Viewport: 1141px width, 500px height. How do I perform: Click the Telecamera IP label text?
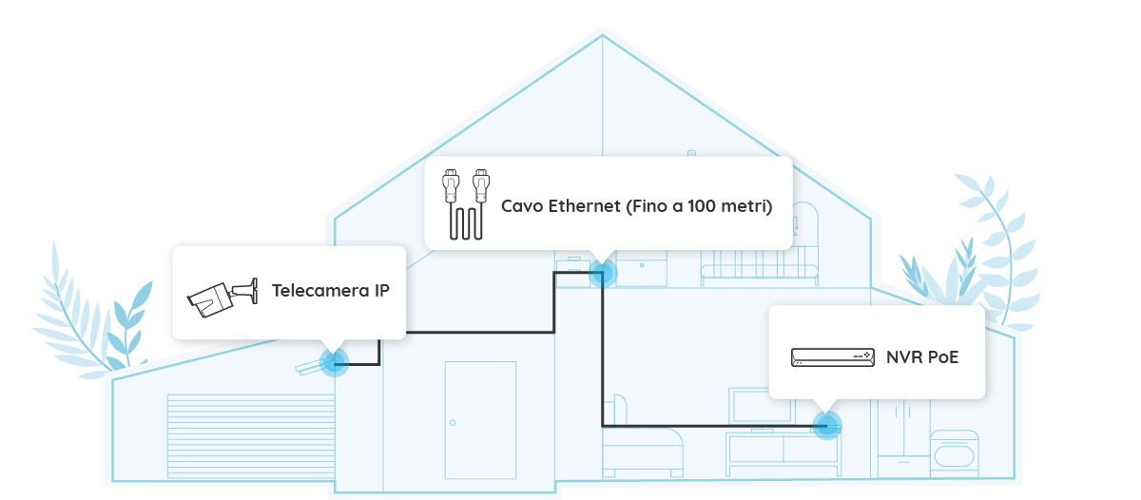[x=330, y=290]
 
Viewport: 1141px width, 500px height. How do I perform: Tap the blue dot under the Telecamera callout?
[x=333, y=361]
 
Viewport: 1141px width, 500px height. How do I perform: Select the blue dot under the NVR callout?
[x=828, y=424]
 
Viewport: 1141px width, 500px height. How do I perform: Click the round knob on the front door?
[x=453, y=422]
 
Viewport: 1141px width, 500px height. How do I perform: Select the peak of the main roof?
[x=602, y=38]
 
